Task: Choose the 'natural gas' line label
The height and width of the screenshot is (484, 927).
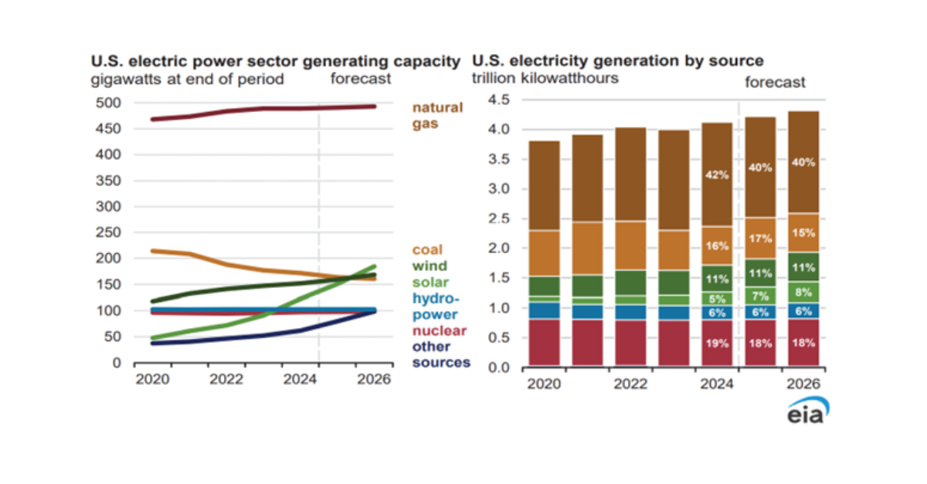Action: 437,115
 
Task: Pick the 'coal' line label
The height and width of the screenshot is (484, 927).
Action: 426,249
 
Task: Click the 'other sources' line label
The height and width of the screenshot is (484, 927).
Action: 440,354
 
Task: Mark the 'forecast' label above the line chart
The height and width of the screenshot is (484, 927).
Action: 361,79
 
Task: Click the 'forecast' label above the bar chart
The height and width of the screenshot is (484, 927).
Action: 775,82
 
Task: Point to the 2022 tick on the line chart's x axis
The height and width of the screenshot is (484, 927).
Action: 226,380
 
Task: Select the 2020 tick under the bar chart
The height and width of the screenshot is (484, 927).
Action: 543,384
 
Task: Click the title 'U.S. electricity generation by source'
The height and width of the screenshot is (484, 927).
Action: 617,60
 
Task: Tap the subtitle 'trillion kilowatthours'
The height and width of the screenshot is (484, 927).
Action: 545,78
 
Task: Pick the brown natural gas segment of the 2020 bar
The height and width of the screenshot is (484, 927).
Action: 543,185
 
